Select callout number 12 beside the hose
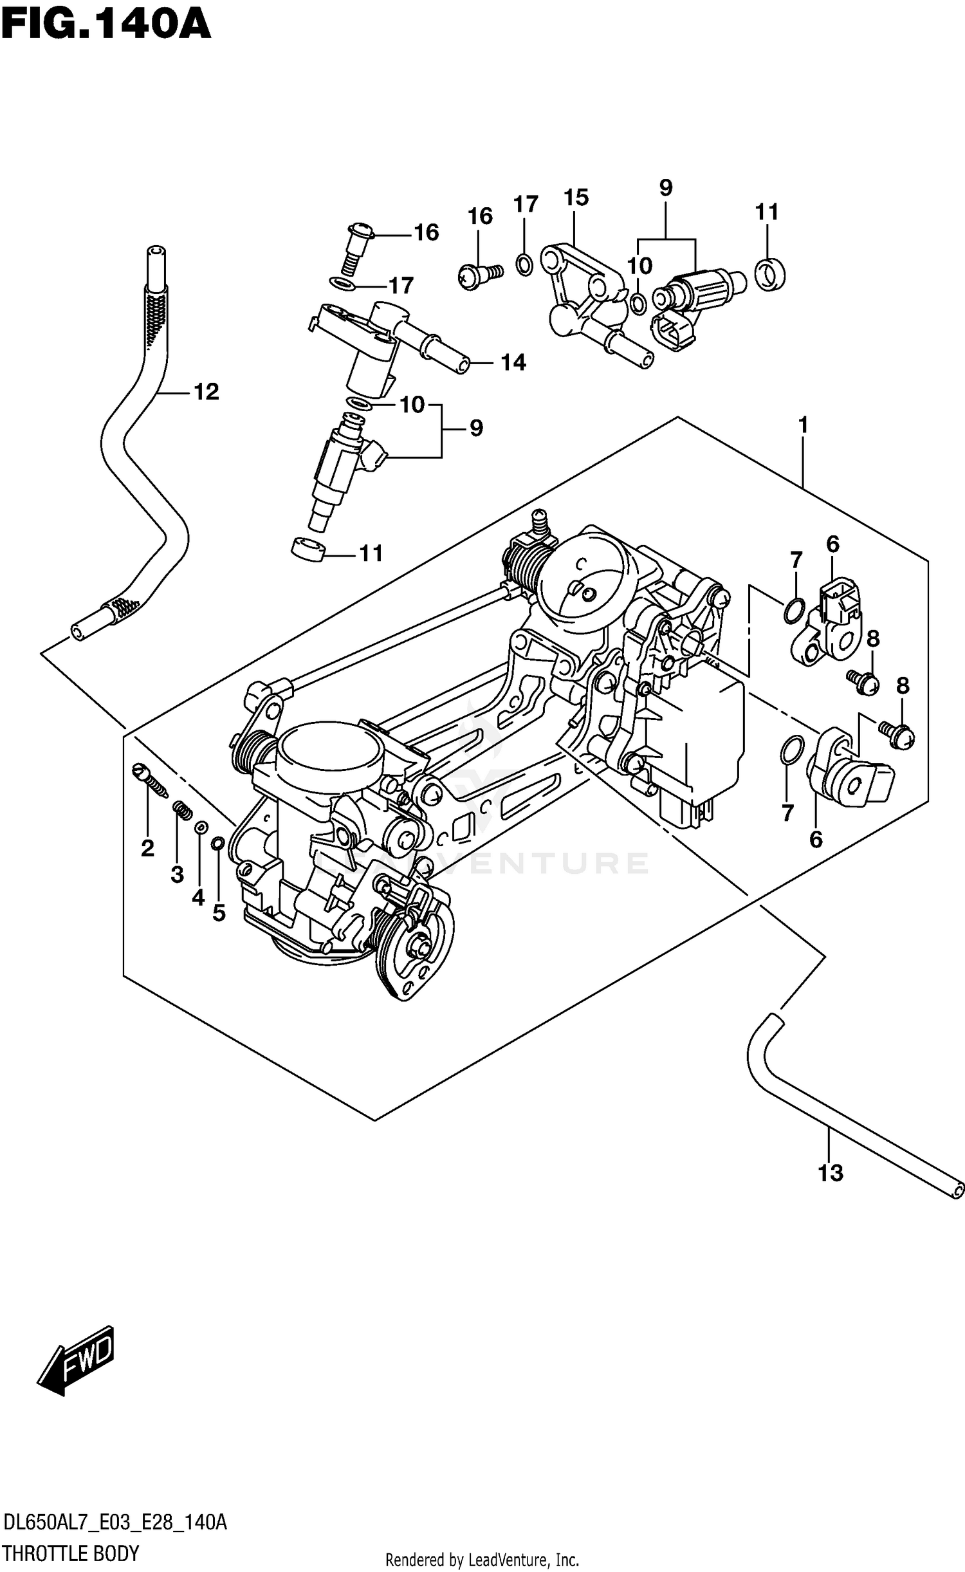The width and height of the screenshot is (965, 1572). [x=206, y=391]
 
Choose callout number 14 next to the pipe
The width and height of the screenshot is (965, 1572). [x=513, y=363]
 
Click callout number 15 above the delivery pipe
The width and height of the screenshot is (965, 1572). [x=576, y=198]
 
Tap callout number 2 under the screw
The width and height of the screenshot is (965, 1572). [x=147, y=848]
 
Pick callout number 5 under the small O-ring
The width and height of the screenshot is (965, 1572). [x=219, y=912]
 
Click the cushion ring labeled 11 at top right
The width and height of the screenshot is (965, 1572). [x=769, y=274]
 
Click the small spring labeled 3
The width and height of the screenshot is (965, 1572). [x=182, y=810]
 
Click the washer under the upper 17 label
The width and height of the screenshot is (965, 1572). [x=524, y=264]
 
